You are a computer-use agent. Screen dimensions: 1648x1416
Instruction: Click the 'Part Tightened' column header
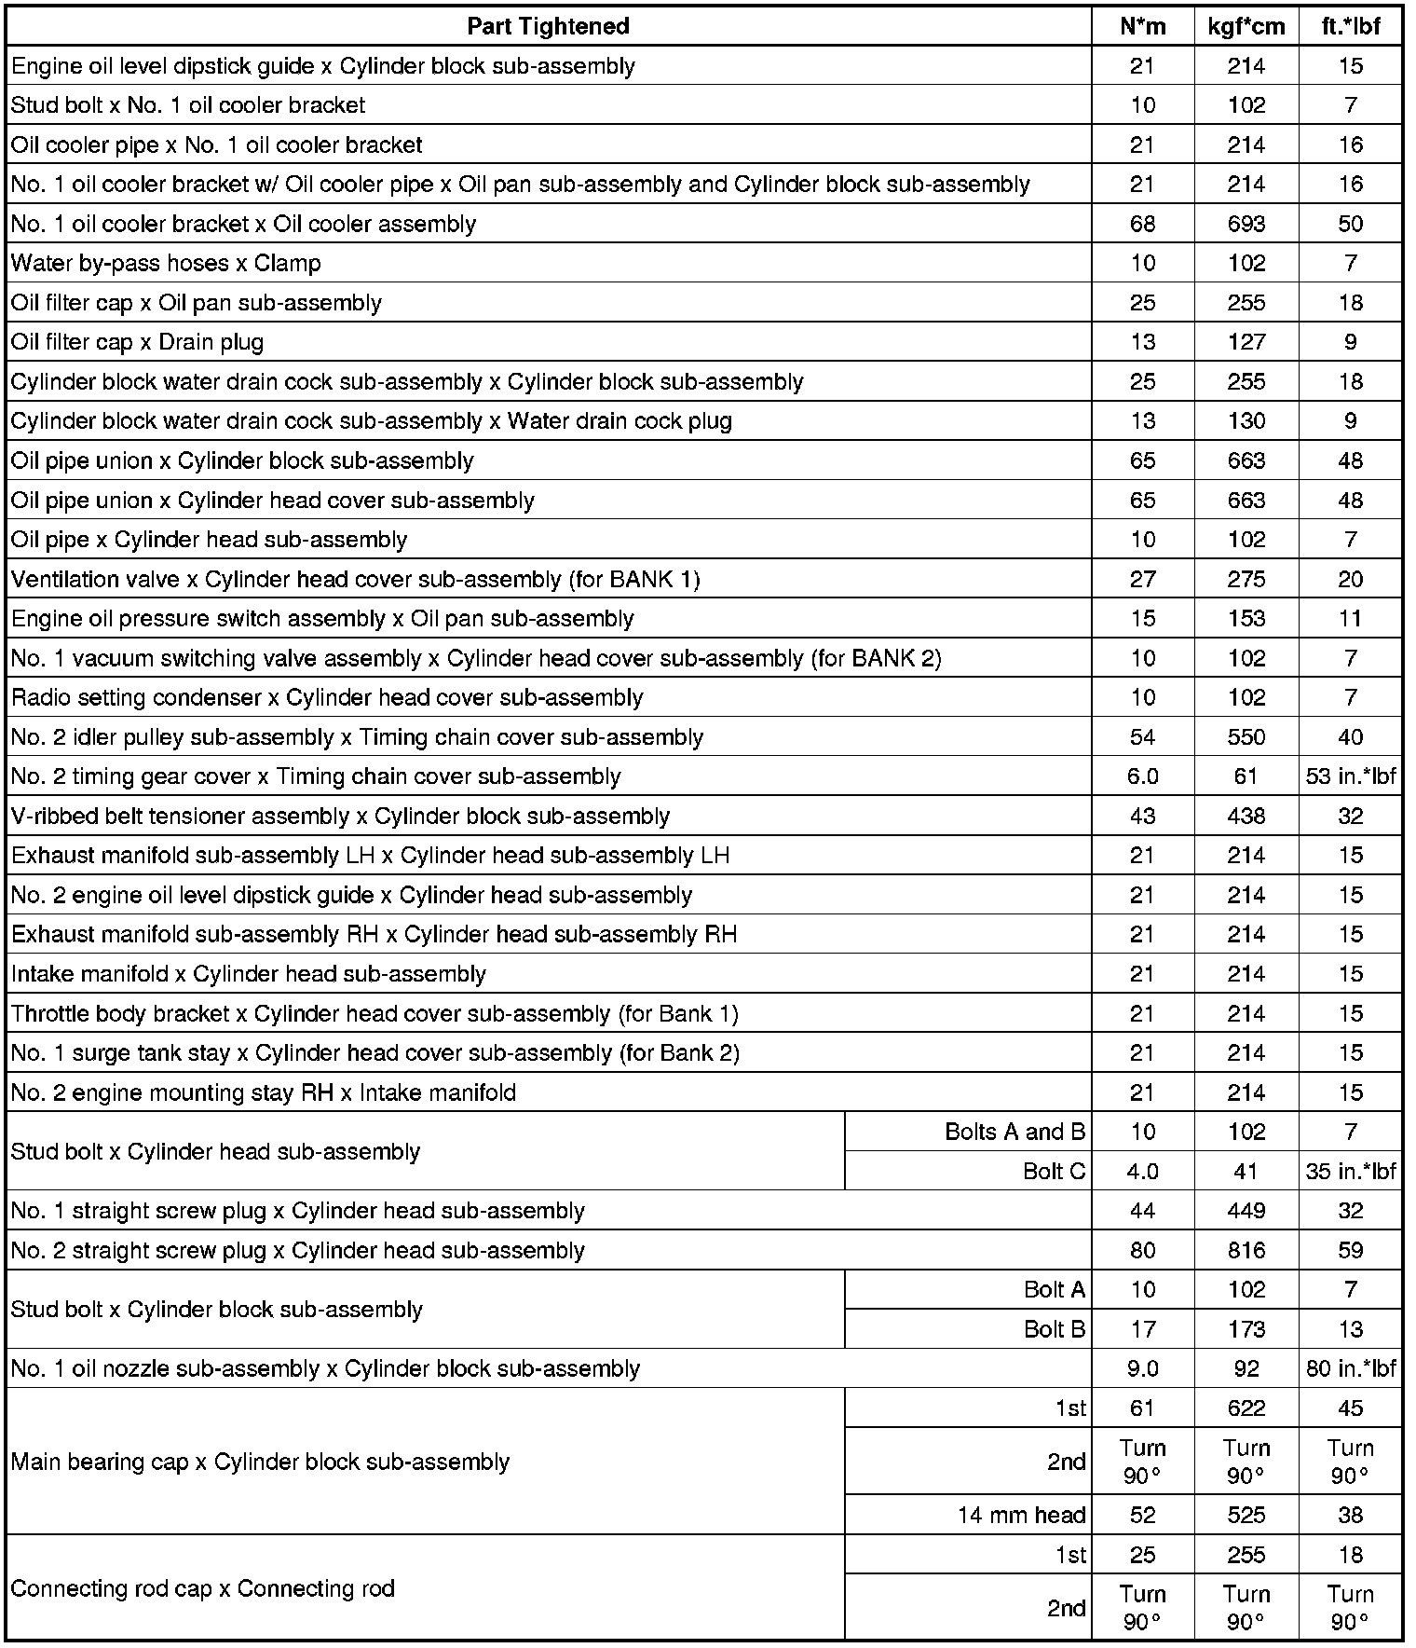tap(548, 26)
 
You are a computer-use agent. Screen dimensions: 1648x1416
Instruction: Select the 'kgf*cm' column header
tap(1246, 26)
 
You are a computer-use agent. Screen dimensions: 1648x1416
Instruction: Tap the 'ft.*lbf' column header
tap(1350, 26)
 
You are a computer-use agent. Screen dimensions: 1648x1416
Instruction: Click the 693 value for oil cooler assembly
tap(1246, 224)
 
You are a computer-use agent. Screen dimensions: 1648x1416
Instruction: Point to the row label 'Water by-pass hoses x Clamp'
tap(166, 264)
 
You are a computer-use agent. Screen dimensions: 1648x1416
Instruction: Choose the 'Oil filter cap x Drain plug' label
tap(137, 342)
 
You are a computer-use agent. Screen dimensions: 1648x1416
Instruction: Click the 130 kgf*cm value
tap(1246, 421)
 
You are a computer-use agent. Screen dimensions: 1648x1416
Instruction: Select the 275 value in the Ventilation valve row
tap(1246, 580)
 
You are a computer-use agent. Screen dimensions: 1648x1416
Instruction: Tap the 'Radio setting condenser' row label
tap(326, 698)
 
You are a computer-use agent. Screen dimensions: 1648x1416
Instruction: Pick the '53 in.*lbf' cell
tap(1350, 776)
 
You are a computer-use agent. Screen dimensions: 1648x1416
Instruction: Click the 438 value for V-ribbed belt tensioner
tap(1246, 817)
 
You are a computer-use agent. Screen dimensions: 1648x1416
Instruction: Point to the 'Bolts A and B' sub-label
tap(1014, 1132)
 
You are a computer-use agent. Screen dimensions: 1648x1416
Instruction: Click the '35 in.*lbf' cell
tap(1350, 1172)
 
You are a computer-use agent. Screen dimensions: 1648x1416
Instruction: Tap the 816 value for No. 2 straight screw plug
tap(1246, 1251)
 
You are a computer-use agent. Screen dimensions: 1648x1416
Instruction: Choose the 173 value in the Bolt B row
tap(1246, 1329)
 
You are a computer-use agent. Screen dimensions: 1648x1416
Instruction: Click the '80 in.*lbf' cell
tap(1350, 1368)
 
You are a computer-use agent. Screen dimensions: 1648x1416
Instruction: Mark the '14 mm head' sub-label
tap(1021, 1515)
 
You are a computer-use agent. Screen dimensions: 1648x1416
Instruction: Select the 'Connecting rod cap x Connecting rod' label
tap(202, 1587)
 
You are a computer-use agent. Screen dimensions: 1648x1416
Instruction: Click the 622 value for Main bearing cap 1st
tap(1246, 1408)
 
